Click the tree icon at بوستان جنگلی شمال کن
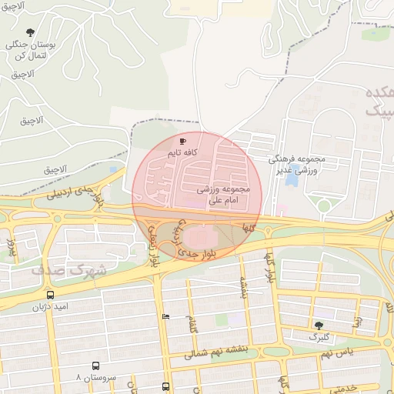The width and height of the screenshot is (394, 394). pyautogui.click(x=30, y=32)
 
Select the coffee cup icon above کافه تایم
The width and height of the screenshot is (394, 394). pyautogui.click(x=182, y=142)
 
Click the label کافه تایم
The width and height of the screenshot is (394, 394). pyautogui.click(x=183, y=153)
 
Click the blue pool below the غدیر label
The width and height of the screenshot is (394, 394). pyautogui.click(x=293, y=179)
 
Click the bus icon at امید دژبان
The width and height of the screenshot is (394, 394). pyautogui.click(x=50, y=295)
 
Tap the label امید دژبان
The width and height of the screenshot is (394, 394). pyautogui.click(x=50, y=306)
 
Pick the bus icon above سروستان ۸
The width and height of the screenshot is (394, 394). pyautogui.click(x=96, y=366)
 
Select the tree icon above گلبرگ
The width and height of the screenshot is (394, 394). pyautogui.click(x=319, y=326)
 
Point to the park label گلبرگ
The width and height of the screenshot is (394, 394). pyautogui.click(x=319, y=337)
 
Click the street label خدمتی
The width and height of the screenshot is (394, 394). pyautogui.click(x=339, y=387)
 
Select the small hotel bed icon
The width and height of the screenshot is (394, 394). pyautogui.click(x=165, y=316)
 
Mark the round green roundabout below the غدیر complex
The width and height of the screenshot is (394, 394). pyautogui.click(x=324, y=205)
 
